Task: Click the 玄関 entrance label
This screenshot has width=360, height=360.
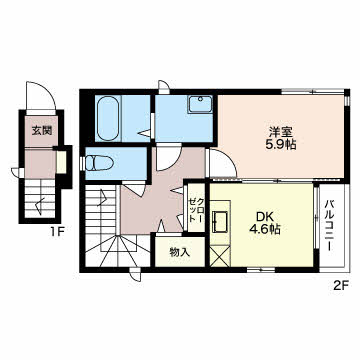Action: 42,131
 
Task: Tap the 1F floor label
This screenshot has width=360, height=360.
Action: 57,231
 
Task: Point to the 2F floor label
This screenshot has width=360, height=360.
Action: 340,285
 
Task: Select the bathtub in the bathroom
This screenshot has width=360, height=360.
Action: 109,118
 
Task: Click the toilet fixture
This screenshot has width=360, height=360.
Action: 99,164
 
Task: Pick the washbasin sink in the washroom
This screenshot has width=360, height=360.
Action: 200,104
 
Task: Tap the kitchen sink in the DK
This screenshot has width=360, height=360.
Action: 220,222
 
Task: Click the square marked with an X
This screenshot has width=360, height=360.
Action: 220,256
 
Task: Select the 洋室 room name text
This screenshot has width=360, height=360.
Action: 281,133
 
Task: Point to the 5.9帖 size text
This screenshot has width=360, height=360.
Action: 281,145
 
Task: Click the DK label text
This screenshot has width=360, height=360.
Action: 265,217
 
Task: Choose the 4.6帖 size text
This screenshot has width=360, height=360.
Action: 265,229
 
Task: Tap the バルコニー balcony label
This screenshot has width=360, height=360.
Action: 330,225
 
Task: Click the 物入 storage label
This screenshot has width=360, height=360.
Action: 180,252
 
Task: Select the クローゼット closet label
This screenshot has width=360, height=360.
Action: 196,210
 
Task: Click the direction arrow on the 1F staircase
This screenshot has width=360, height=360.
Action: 40,205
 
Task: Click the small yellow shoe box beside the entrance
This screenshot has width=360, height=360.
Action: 61,162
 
